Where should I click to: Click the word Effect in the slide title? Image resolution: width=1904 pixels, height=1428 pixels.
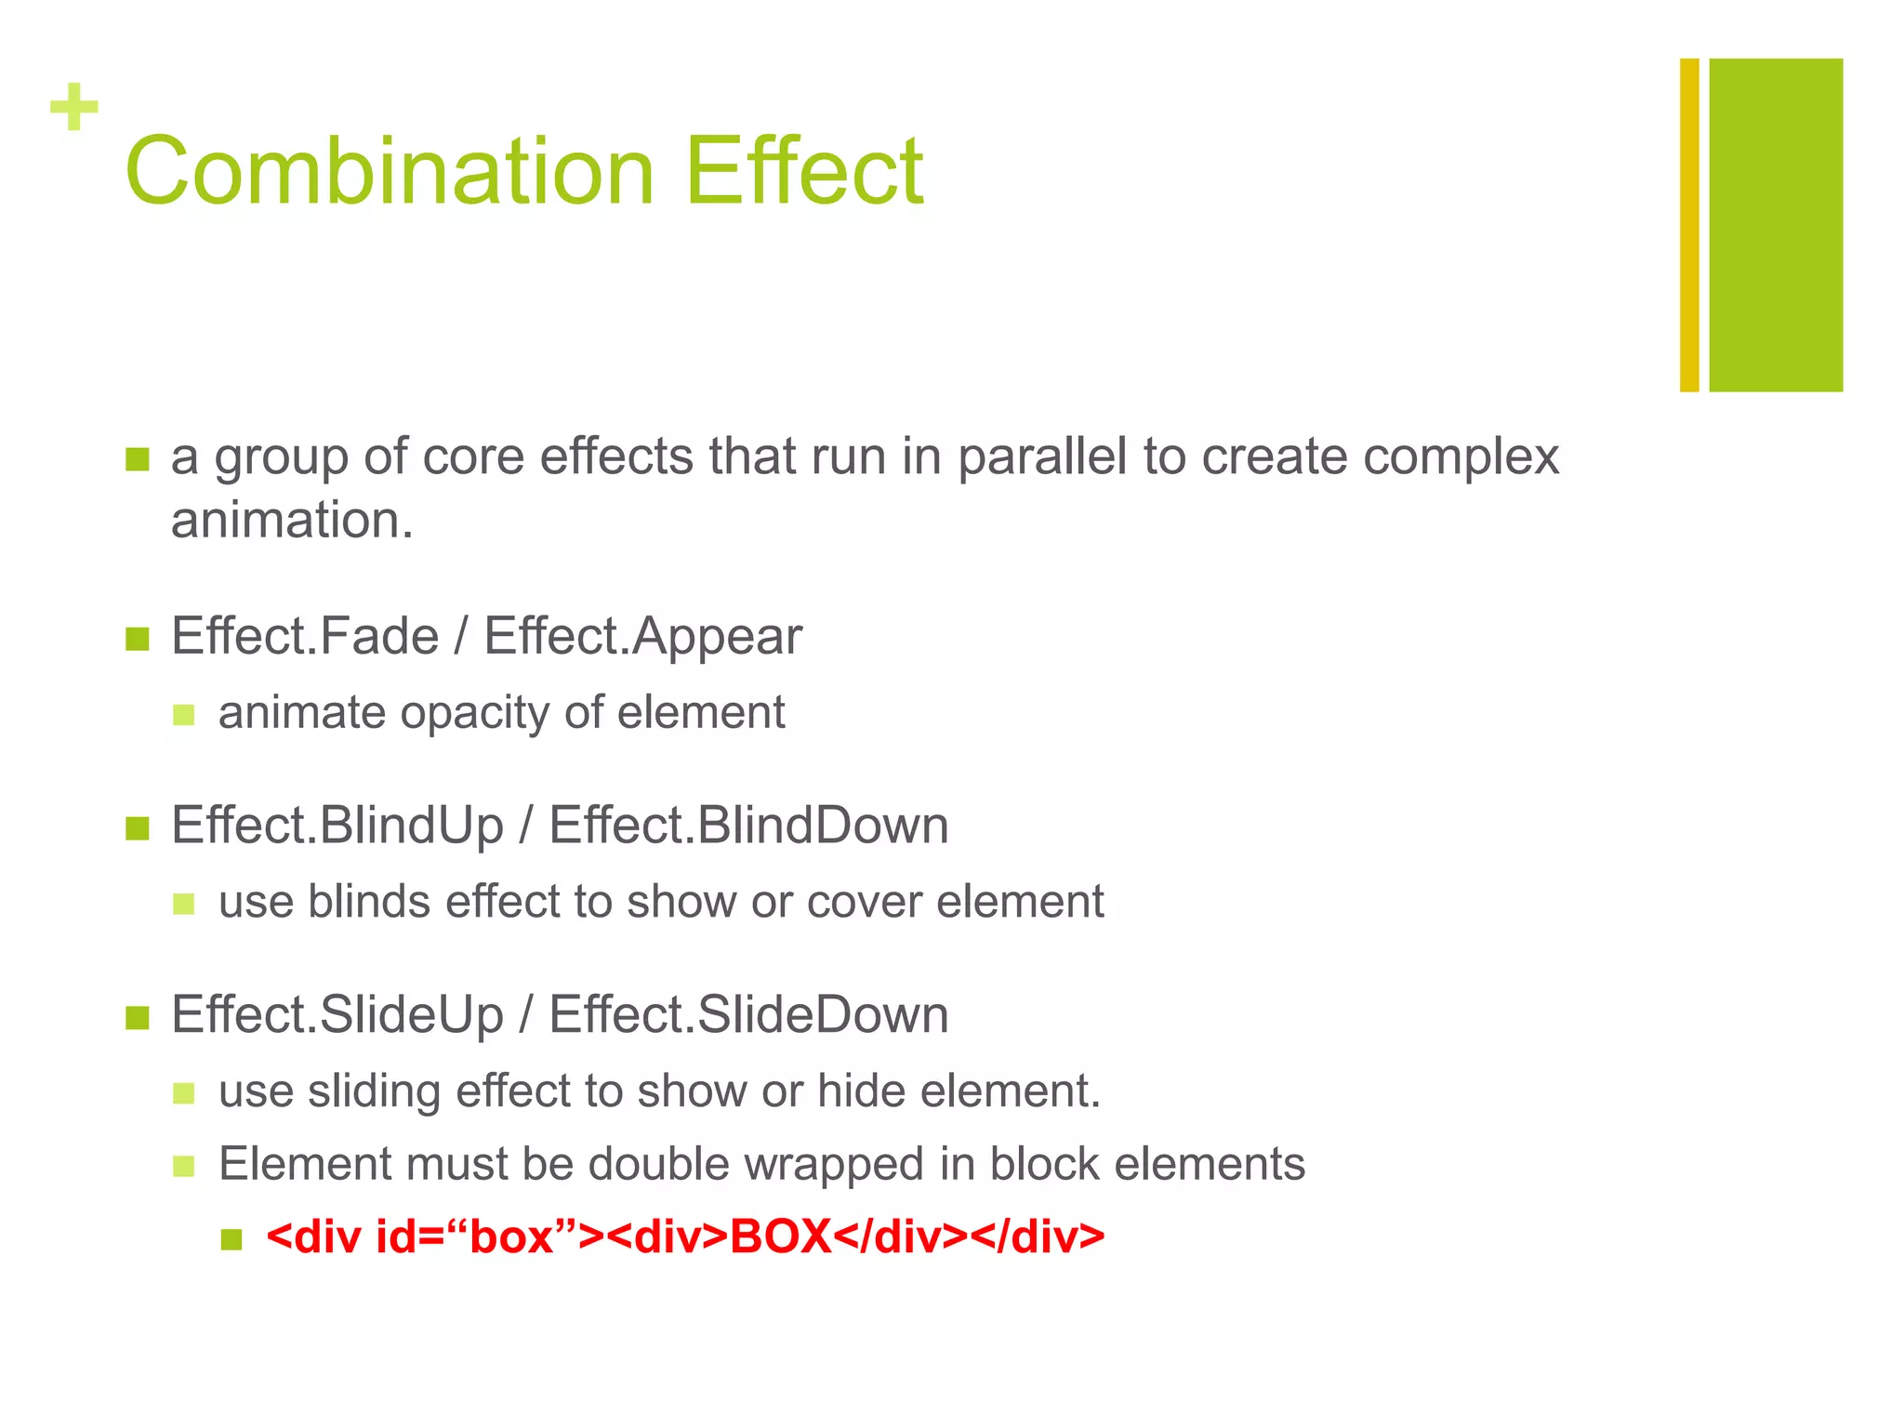pos(804,172)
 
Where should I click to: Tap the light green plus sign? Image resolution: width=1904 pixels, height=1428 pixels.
pos(74,107)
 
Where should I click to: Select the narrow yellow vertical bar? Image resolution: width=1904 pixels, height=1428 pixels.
pos(1689,225)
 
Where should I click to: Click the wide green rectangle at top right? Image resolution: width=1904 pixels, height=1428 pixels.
pos(1776,225)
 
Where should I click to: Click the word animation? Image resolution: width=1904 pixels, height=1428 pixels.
pos(291,520)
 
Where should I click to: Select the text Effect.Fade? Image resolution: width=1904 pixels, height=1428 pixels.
pos(305,637)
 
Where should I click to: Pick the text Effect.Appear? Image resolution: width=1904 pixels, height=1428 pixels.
pos(642,637)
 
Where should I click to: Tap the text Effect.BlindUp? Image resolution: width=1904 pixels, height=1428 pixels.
pos(337,826)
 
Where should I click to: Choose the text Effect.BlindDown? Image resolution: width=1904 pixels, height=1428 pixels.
pos(748,826)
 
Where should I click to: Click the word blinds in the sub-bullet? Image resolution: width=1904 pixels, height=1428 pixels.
pos(369,902)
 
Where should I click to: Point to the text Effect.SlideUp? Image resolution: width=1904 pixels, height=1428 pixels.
pos(337,1014)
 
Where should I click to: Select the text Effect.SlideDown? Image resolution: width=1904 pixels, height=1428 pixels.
pos(748,1014)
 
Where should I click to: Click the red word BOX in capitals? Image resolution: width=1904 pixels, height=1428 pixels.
pos(781,1237)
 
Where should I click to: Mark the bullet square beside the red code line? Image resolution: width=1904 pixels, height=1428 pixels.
pos(231,1239)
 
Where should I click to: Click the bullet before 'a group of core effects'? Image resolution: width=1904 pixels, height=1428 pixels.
pos(138,459)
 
